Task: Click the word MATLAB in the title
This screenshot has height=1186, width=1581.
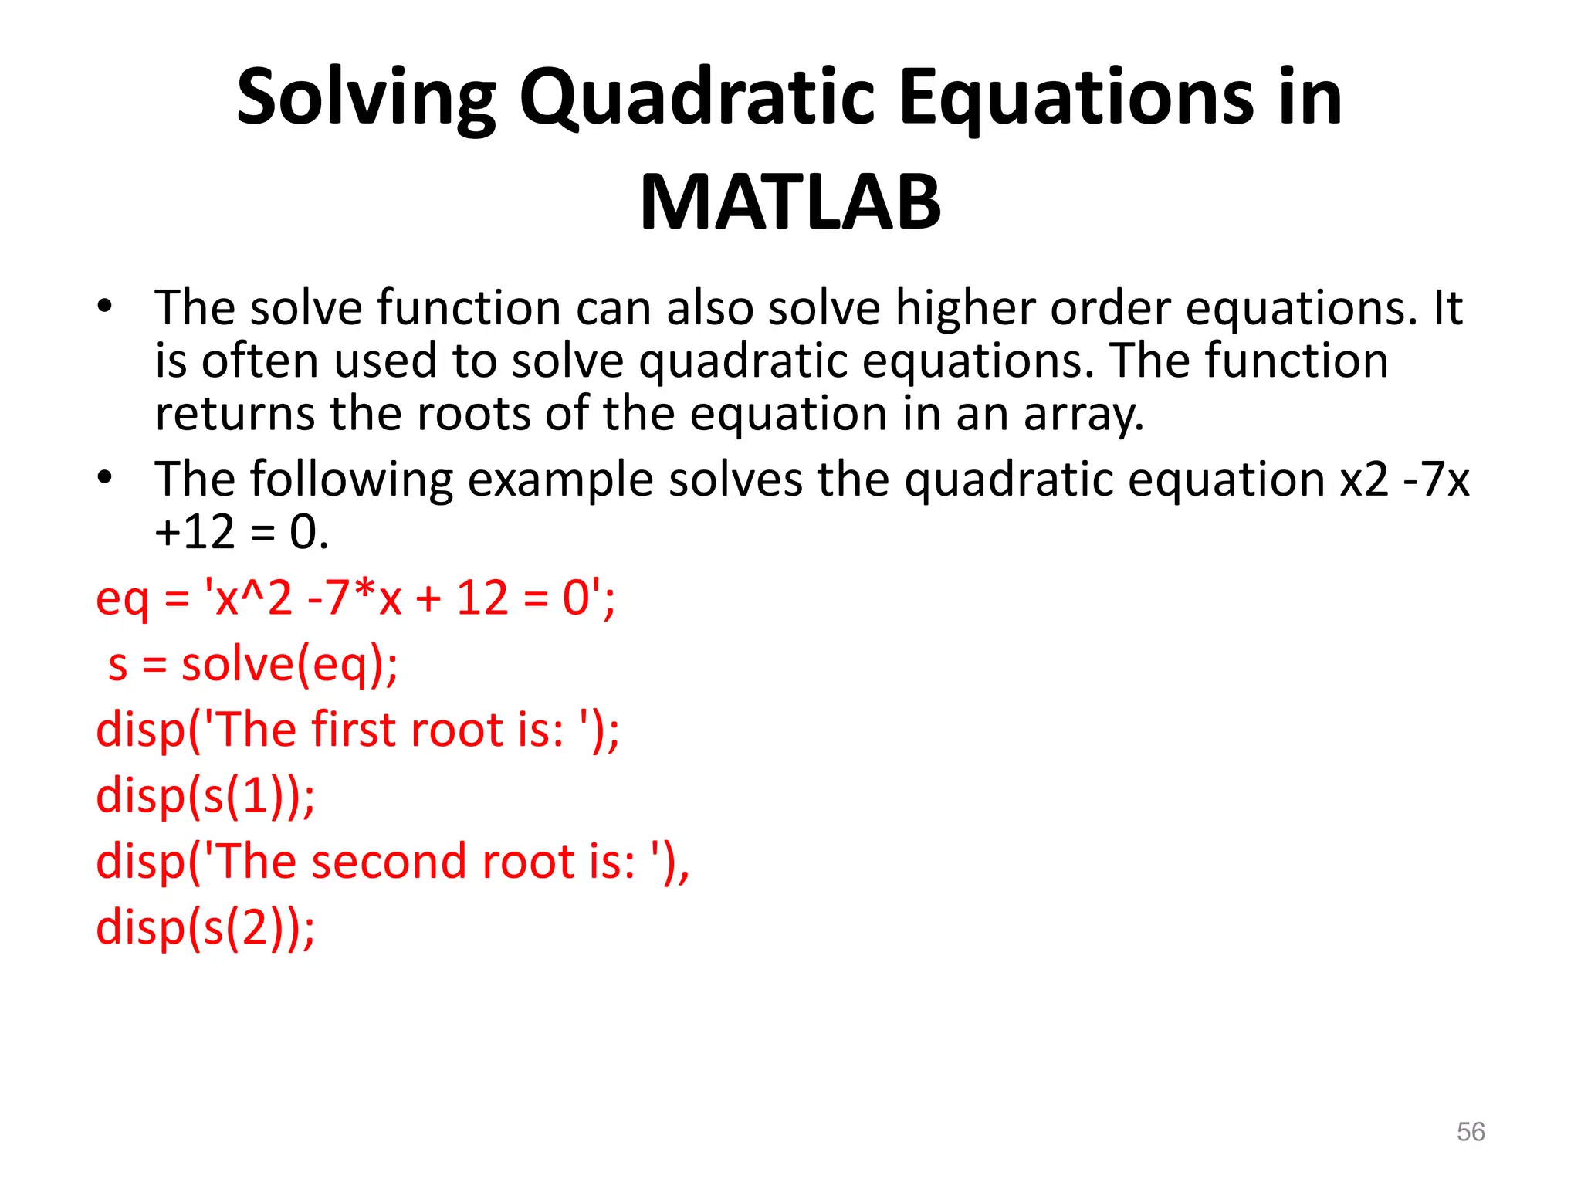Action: click(790, 202)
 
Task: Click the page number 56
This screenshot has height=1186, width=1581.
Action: click(1471, 1132)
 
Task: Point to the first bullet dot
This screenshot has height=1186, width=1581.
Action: click(105, 307)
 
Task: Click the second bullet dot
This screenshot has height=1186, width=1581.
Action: click(105, 477)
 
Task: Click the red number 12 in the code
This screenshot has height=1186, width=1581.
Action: click(482, 598)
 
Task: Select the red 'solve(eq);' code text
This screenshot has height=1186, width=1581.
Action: click(289, 664)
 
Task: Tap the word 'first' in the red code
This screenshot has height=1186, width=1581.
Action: click(353, 730)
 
